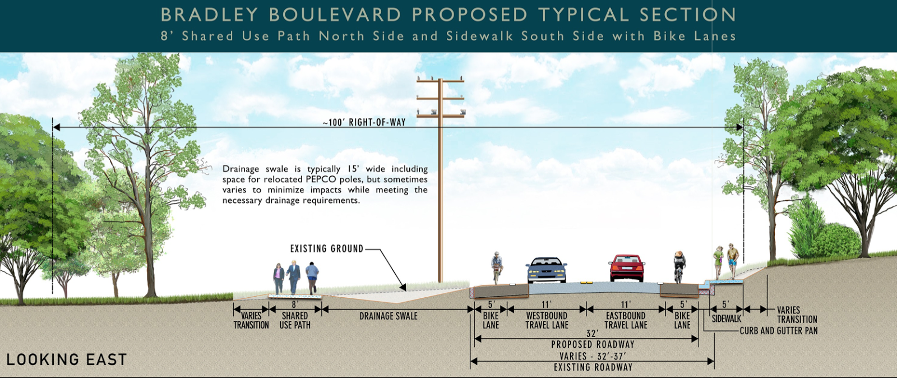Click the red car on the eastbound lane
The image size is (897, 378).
coord(627,268)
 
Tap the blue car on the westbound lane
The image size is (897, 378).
coord(546,270)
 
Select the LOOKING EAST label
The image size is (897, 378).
coord(67,359)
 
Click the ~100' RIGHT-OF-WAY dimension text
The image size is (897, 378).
coord(364,122)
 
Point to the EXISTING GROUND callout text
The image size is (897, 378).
coord(327,248)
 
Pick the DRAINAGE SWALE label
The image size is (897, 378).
coord(389,316)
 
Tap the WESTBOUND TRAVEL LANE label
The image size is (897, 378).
coord(547,320)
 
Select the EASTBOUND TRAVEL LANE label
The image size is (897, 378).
coord(626,320)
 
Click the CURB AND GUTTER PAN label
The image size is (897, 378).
coord(779,331)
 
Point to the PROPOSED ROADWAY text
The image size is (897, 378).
coord(593,344)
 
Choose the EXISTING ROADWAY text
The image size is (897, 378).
coord(593,367)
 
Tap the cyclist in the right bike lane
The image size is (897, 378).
coord(679,266)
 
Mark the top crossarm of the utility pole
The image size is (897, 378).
coord(440,81)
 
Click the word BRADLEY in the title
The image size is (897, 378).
coord(209,15)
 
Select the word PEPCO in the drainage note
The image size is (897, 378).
coord(321,179)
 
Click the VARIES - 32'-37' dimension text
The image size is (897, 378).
coord(593,356)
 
